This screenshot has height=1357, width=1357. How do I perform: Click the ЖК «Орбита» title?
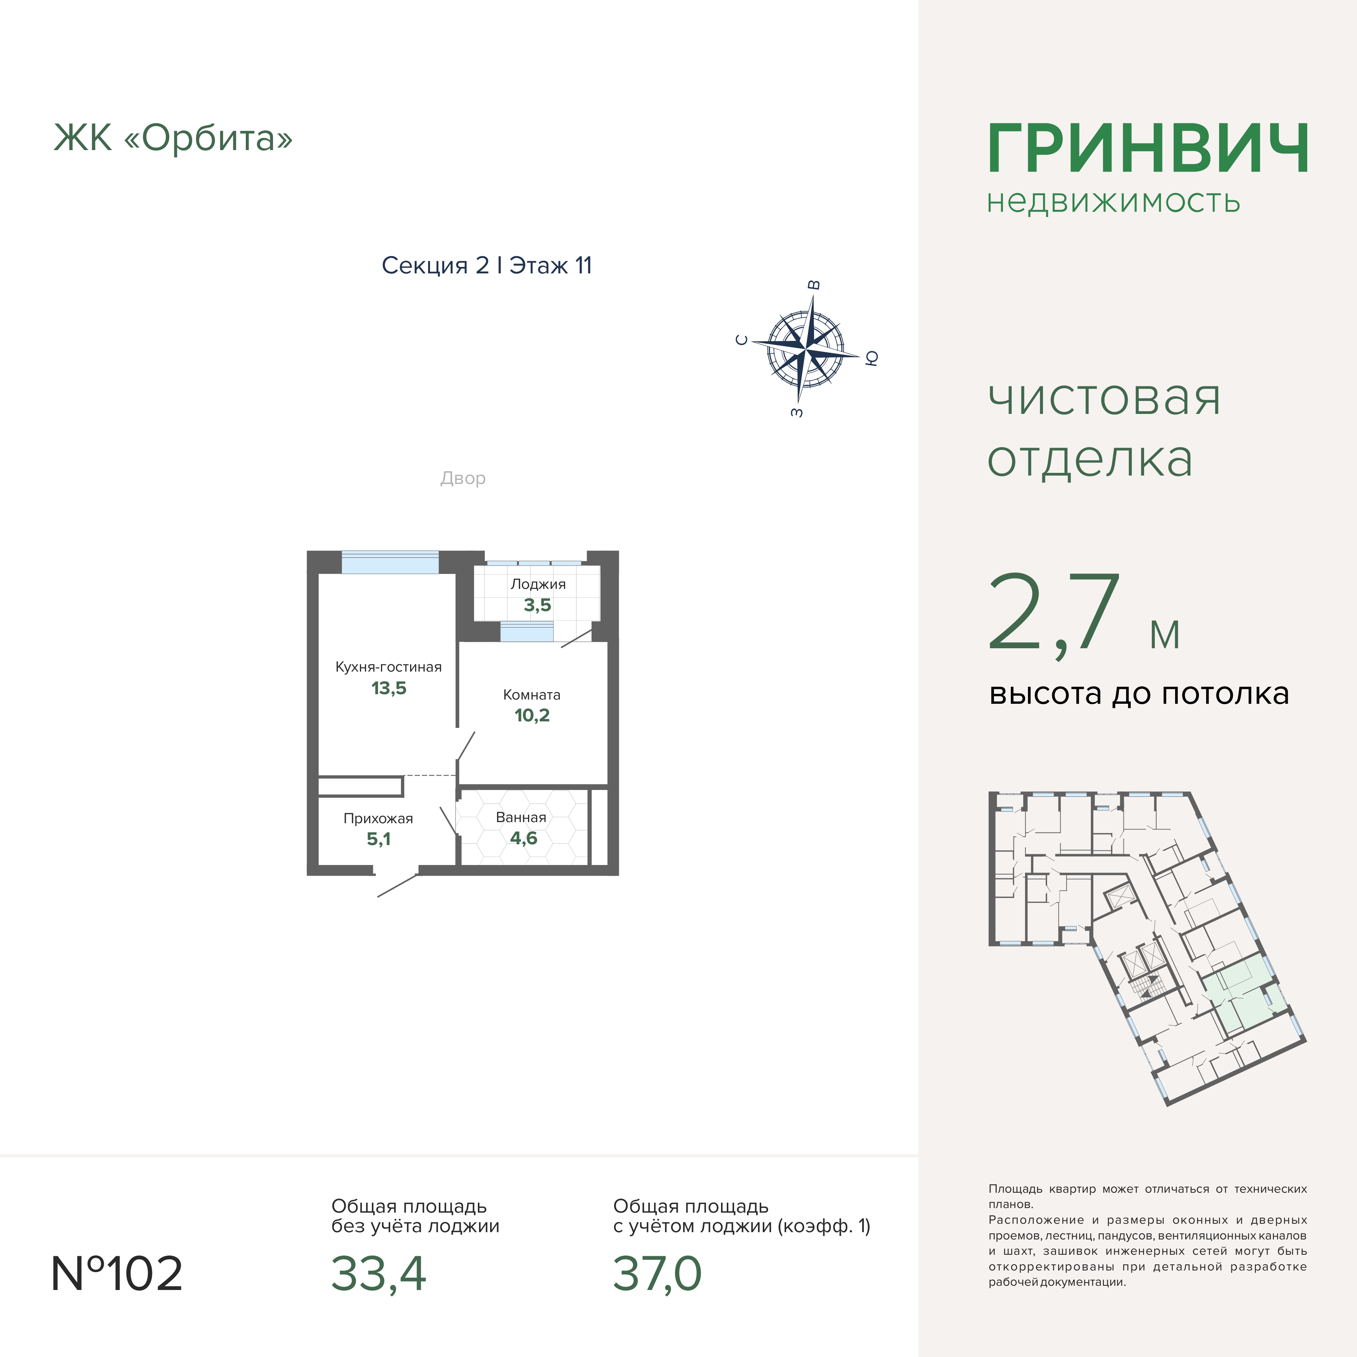(173, 138)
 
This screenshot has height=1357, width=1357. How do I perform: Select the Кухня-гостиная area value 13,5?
(388, 688)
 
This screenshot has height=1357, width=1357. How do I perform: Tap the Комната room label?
(532, 695)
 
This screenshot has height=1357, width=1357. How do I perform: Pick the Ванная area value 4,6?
(523, 838)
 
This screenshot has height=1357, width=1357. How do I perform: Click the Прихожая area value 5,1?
(379, 839)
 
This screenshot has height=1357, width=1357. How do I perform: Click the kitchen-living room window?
(390, 562)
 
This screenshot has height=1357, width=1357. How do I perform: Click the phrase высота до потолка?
(1139, 694)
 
